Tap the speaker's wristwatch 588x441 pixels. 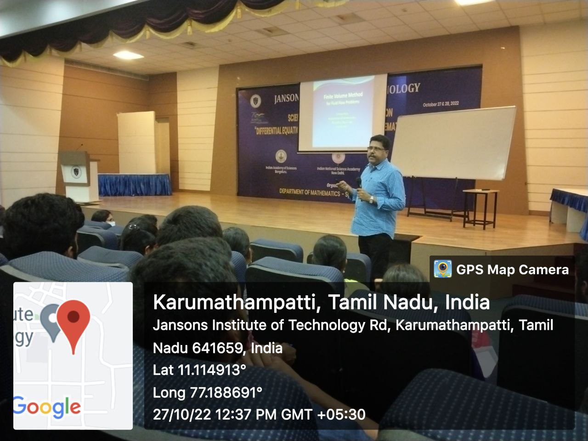point(371,199)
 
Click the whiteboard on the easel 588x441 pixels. point(452,142)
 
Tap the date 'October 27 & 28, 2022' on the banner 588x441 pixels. point(441,104)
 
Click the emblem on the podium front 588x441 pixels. point(75,172)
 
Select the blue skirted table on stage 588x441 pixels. point(134,184)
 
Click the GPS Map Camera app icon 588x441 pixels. point(443,269)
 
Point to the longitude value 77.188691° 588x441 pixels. point(226,393)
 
